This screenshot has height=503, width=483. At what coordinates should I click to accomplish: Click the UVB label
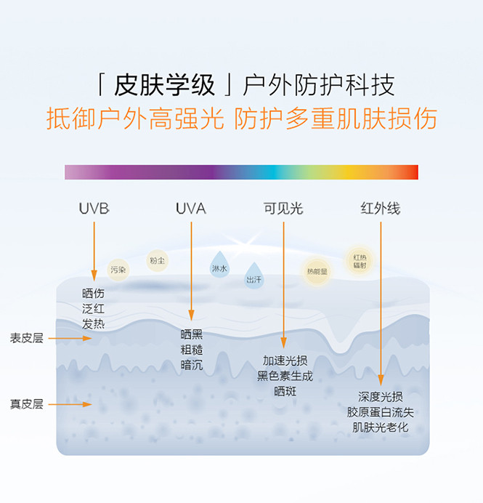click(x=94, y=209)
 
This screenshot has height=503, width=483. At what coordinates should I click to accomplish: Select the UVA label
click(x=190, y=209)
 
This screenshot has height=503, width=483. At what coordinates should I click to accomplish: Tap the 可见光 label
click(x=283, y=209)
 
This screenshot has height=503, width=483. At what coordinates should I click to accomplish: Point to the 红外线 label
click(x=380, y=209)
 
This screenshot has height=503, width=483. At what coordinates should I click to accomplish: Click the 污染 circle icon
click(x=118, y=270)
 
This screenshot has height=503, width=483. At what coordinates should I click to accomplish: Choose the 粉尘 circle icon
click(x=157, y=260)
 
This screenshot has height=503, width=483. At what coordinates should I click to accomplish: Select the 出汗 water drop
click(x=253, y=277)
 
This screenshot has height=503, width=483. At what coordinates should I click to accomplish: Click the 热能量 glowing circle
click(x=317, y=271)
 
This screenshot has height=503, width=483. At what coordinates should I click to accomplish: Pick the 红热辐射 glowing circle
click(x=360, y=260)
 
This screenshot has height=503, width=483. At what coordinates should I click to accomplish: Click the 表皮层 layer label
click(x=26, y=338)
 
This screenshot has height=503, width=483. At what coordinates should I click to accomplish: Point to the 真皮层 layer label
click(x=26, y=404)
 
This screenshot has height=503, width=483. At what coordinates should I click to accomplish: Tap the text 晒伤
click(x=94, y=294)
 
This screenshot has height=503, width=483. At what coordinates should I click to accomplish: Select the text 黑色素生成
click(x=285, y=376)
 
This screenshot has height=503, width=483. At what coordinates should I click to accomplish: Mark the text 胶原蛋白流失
click(x=380, y=412)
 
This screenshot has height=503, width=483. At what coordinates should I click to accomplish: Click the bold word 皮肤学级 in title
click(x=165, y=86)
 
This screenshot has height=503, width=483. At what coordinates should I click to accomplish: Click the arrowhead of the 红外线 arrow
click(x=381, y=382)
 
